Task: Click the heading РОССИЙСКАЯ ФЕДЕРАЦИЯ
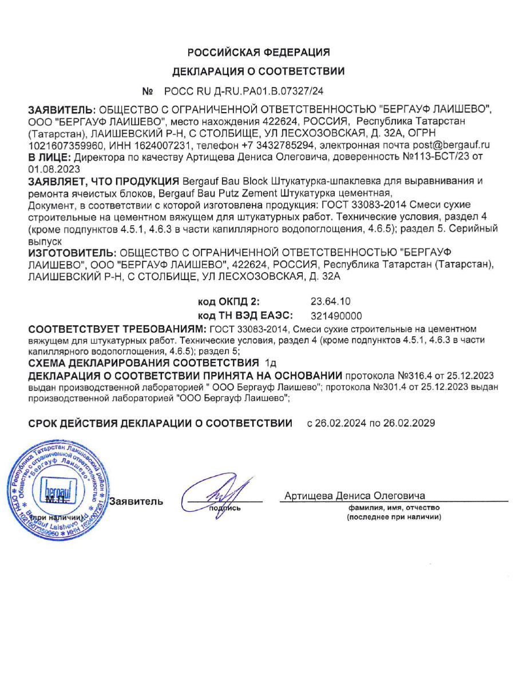coord(259,53)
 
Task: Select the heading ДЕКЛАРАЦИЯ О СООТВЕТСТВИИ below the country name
coord(259,71)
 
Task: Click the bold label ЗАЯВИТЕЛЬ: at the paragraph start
coord(62,110)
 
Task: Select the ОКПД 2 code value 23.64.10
coord(330,301)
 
